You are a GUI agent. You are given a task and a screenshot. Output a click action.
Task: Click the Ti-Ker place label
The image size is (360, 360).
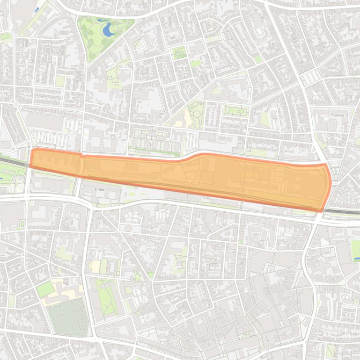pos(99,189)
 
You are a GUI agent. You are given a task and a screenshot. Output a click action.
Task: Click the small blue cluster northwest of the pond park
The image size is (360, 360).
pos(37,10)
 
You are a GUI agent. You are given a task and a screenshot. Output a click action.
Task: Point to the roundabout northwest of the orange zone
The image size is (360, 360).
pos(15,104)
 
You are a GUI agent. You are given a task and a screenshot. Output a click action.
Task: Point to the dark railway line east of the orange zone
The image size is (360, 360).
pos(342,212)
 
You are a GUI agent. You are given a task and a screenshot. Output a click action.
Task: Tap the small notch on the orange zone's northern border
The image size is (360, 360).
pos(82,155)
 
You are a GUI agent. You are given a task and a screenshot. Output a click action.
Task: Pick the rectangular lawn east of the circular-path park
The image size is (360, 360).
pos(235,111)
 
